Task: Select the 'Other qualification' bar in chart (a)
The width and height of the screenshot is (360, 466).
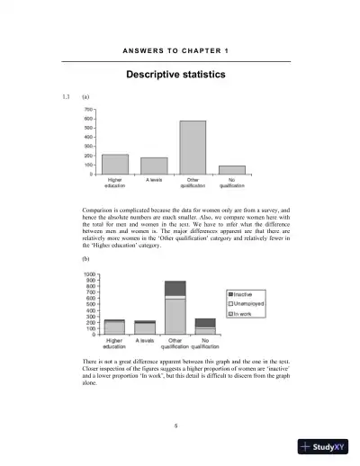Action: pyautogui.click(x=193, y=147)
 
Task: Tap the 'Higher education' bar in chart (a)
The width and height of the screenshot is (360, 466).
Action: pyautogui.click(x=114, y=164)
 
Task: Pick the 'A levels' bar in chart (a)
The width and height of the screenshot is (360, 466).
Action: pyautogui.click(x=154, y=166)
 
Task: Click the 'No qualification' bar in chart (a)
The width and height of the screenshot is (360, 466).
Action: pyautogui.click(x=231, y=169)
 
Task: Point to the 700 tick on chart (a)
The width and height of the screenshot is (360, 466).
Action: pyautogui.click(x=89, y=109)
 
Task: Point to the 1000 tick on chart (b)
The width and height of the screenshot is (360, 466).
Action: pyautogui.click(x=88, y=274)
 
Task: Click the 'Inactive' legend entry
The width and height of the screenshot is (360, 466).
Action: pyautogui.click(x=246, y=294)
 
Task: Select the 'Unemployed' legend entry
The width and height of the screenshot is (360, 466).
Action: pyautogui.click(x=249, y=304)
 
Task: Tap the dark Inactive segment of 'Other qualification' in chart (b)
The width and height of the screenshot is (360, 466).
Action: pyautogui.click(x=175, y=288)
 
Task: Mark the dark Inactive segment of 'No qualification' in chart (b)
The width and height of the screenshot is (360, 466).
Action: pyautogui.click(x=205, y=322)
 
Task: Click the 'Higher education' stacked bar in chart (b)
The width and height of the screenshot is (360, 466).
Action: pyautogui.click(x=114, y=327)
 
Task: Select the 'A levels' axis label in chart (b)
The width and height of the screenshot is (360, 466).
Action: pyautogui.click(x=145, y=341)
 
